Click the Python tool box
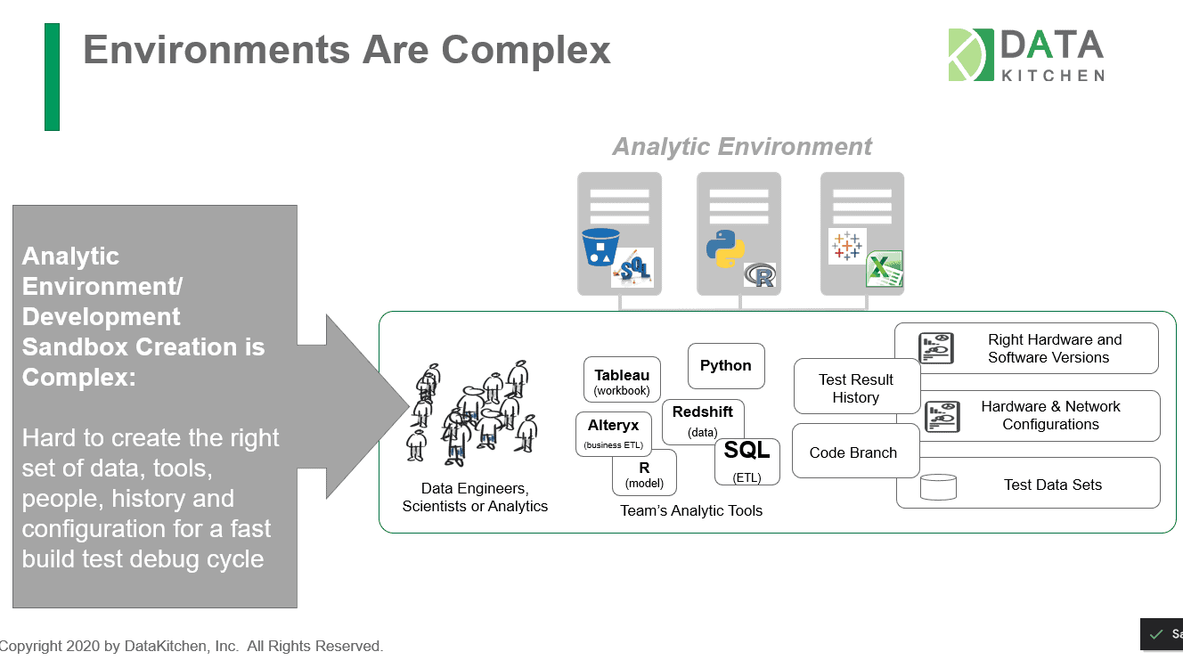726,366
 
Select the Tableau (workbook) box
622,379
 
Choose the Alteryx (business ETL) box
614,434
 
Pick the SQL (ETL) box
747,461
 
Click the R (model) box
644,474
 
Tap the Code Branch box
855,452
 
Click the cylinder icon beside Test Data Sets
939,486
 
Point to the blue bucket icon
600,247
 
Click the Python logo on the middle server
726,249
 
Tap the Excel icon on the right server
884,269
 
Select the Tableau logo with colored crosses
847,246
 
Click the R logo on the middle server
761,275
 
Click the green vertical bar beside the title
52,77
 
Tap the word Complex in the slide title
526,51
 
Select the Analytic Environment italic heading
742,147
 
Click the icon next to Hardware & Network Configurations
942,417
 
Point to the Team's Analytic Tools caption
691,510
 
